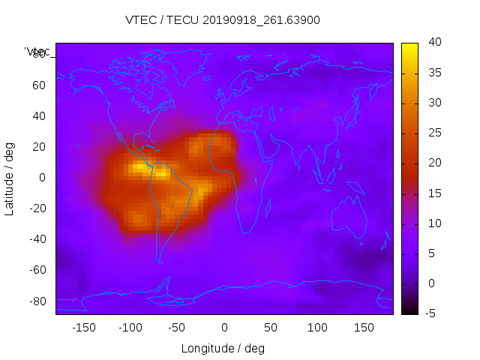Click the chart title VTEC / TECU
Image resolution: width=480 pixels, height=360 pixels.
pos(223,20)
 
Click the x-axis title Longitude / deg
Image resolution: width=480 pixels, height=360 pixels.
pos(223,348)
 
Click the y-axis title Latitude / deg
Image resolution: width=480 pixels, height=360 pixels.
pos(10,178)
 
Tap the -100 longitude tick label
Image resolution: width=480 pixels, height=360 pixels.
pos(130,327)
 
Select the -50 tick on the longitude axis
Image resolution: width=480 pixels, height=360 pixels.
pos(177,327)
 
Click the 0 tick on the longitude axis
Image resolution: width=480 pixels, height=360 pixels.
pos(224,327)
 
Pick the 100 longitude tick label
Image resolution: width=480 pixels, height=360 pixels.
pos(317,327)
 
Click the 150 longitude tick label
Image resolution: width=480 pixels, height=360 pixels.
pos(364,327)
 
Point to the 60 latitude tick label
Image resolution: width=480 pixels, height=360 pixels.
pos(39,85)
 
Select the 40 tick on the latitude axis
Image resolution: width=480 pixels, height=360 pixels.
pos(39,116)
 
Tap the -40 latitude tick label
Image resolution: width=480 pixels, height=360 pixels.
pos(37,239)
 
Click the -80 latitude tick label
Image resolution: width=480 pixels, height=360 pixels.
pos(37,301)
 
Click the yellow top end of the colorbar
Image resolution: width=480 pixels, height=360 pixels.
pos(409,46)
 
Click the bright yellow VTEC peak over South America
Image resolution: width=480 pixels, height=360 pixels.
pos(160,172)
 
